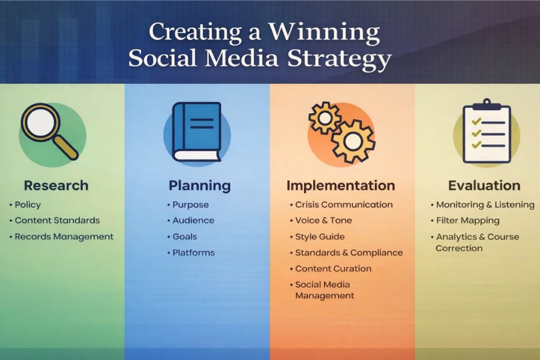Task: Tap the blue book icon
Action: point(197,131)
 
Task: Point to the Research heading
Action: point(56,186)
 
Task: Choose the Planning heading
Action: point(199,186)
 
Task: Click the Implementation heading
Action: point(341,186)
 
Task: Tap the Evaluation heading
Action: point(484,186)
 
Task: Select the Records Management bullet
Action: point(64,237)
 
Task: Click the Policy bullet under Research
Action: point(27,205)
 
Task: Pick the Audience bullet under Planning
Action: point(194,220)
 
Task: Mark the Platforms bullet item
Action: point(194,252)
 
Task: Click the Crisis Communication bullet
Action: point(344,205)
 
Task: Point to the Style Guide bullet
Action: point(320,237)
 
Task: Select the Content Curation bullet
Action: point(333,268)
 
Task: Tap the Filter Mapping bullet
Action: point(468,220)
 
